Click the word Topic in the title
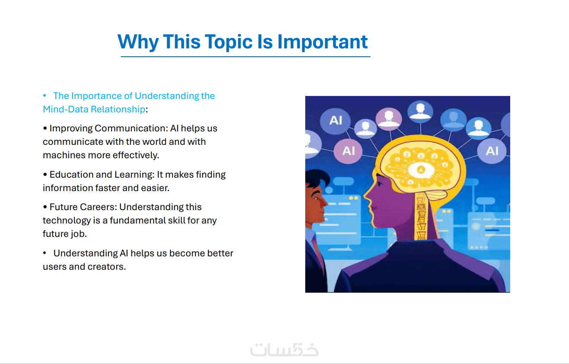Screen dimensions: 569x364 click(x=229, y=42)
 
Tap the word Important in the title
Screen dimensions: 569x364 click(x=323, y=42)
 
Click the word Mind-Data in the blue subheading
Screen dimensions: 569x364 click(x=66, y=109)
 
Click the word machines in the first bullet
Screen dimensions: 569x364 click(x=64, y=155)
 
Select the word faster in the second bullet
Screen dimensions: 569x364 click(x=109, y=188)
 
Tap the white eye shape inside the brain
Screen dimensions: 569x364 click(x=421, y=170)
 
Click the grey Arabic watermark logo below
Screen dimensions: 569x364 click(x=284, y=350)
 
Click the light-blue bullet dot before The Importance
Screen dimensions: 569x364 click(x=45, y=96)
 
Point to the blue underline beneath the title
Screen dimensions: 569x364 click(x=246, y=57)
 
